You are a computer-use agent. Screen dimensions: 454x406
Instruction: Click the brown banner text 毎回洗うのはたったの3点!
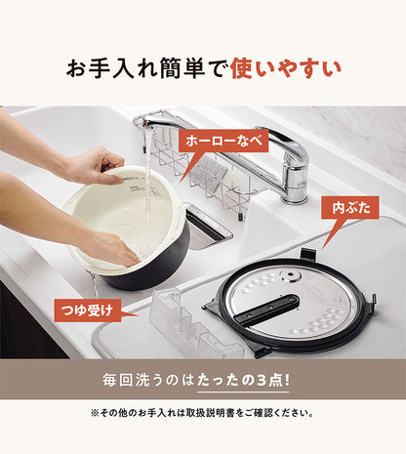click(202, 378)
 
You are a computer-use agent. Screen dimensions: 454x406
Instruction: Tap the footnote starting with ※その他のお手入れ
click(203, 413)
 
